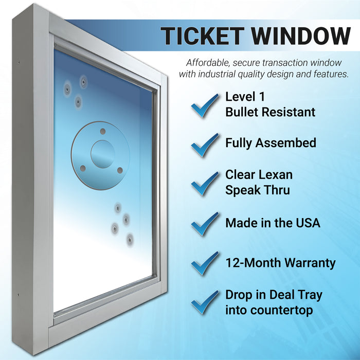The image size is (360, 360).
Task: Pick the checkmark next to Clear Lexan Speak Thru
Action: [x=204, y=183]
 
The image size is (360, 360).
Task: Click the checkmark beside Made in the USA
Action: [x=204, y=223]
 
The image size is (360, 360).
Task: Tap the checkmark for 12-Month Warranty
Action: [x=204, y=263]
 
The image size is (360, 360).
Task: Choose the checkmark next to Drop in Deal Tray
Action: [x=204, y=302]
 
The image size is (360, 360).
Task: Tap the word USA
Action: [x=307, y=223]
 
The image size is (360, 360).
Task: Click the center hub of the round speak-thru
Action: [x=102, y=153]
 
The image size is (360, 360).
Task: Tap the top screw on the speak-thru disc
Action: [x=103, y=131]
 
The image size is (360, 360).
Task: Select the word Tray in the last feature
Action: [x=309, y=295]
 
